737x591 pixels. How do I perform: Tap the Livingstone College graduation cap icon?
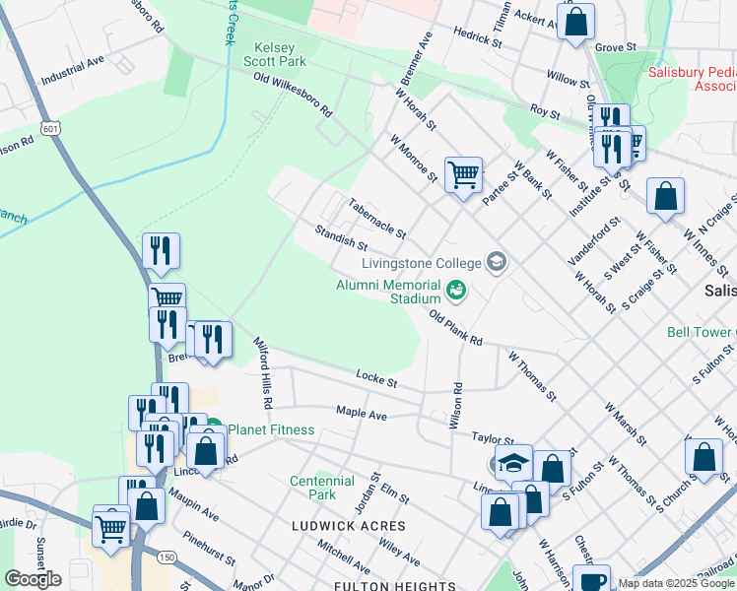tap(497, 262)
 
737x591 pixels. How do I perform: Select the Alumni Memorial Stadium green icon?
tap(455, 290)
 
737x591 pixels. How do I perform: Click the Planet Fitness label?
tap(272, 429)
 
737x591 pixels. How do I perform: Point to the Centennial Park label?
tap(321, 488)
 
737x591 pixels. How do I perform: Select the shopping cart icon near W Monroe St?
tap(462, 175)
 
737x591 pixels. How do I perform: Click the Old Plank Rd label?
tap(455, 327)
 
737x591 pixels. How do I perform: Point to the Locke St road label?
tap(376, 379)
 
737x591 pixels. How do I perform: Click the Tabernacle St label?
tap(376, 219)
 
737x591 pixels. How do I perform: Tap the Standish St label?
tap(341, 237)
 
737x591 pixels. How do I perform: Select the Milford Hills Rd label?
tap(263, 374)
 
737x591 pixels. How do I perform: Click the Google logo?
tap(33, 579)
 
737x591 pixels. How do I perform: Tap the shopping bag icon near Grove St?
tap(575, 20)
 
